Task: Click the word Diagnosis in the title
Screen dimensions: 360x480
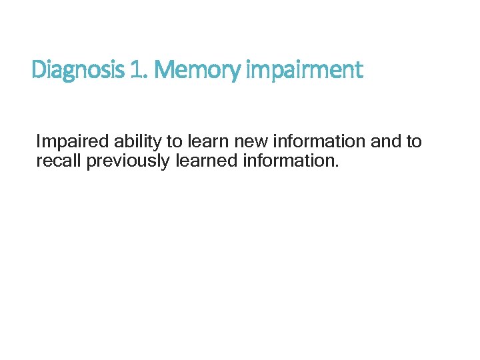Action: point(75,69)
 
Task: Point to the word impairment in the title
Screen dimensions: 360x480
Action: point(305,69)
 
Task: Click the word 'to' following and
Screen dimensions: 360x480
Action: point(414,142)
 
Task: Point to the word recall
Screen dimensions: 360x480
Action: point(59,161)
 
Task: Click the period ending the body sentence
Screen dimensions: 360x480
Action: point(337,165)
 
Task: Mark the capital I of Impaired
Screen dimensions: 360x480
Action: point(39,142)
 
